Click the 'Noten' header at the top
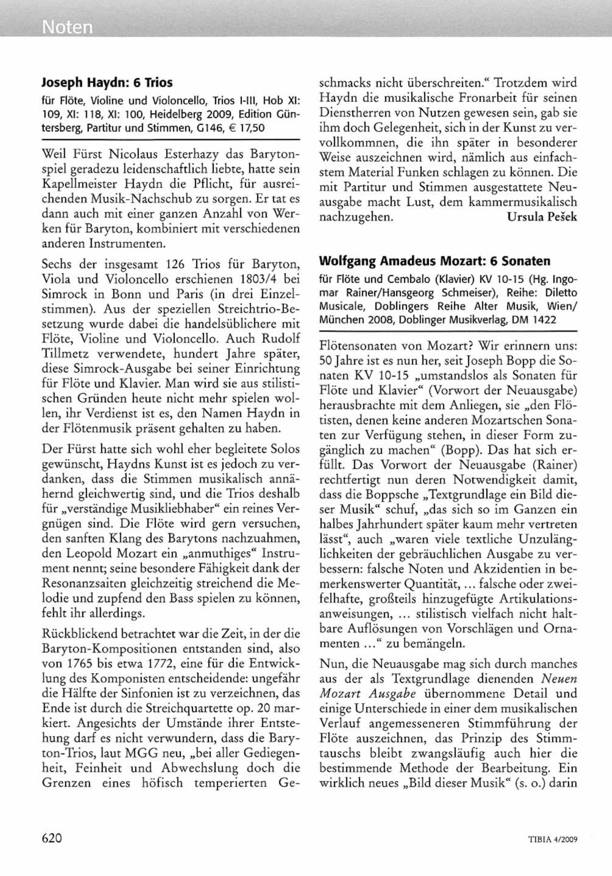[x=68, y=27]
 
